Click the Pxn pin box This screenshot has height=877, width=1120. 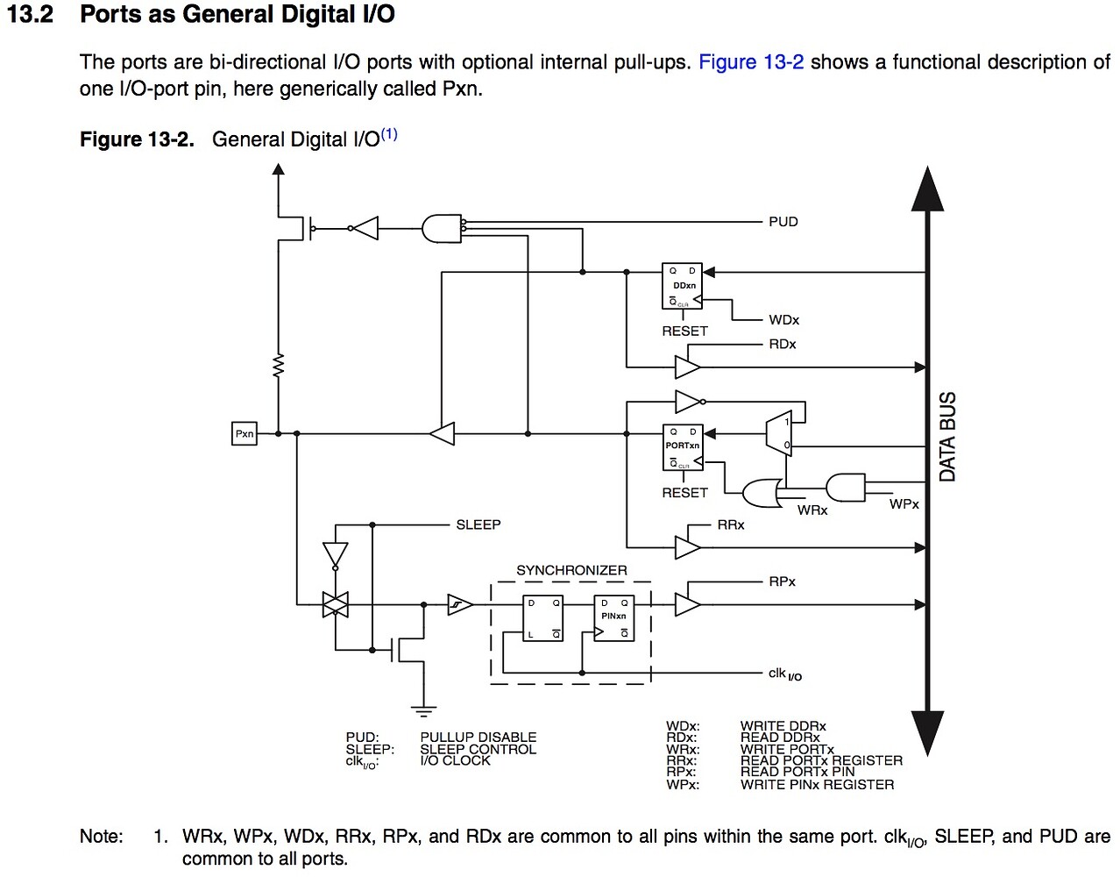(245, 433)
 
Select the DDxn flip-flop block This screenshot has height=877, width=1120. (683, 286)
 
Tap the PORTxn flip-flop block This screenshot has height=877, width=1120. (683, 447)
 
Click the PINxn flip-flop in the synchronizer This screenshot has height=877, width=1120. (613, 618)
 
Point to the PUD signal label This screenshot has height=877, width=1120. (783, 222)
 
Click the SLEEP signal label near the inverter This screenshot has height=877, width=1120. (478, 524)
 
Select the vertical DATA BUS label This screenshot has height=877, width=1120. (947, 436)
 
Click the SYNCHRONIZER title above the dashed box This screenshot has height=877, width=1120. (571, 570)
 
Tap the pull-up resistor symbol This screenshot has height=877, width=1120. (279, 366)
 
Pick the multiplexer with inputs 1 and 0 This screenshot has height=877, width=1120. (778, 433)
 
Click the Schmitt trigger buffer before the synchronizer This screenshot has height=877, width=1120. (460, 604)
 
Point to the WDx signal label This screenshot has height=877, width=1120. (783, 320)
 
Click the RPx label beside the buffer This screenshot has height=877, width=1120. (782, 581)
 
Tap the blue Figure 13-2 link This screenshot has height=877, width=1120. (751, 62)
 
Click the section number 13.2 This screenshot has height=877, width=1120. (31, 14)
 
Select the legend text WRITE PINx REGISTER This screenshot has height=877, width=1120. (817, 784)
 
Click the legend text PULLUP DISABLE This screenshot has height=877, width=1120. (478, 738)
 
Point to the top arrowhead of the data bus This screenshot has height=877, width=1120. (927, 189)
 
